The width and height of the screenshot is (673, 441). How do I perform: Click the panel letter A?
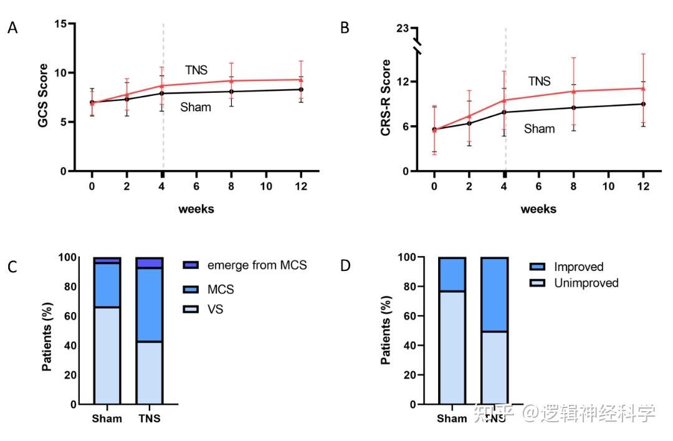coord(12,28)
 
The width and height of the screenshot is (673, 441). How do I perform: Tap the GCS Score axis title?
coord(42,95)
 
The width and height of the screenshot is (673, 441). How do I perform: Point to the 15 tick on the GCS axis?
coord(61,24)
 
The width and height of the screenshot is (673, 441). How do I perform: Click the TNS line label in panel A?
coord(196,70)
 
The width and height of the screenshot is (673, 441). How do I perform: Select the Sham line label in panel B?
coord(539,129)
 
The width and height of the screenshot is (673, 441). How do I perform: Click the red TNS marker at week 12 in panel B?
coord(643,88)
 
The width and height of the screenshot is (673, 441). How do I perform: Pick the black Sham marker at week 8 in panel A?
coord(231,92)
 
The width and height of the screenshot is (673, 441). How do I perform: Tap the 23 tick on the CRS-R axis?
coord(403,28)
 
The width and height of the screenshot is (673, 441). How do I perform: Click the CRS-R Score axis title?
coord(386,98)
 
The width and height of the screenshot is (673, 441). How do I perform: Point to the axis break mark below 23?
coord(417,47)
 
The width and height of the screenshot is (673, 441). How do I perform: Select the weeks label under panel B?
coord(538,209)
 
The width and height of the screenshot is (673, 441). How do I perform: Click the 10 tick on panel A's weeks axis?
coord(266,186)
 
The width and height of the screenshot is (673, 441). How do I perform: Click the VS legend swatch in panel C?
coord(191,310)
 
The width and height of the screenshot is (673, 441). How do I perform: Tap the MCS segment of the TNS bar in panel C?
coord(149,305)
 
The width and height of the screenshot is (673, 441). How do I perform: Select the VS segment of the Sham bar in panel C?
coord(107,356)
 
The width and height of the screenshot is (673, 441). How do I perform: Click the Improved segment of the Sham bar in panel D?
coord(452,275)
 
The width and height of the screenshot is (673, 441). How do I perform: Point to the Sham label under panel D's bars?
coord(452,418)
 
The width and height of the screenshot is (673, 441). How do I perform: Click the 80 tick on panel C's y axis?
coord(70,287)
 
